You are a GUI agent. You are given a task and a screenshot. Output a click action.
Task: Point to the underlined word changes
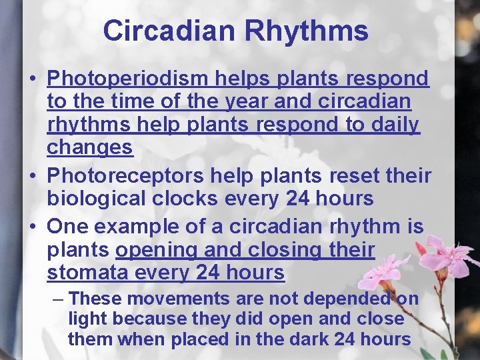[x=90, y=147]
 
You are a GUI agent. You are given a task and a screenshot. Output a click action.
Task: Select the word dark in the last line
[x=315, y=339]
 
